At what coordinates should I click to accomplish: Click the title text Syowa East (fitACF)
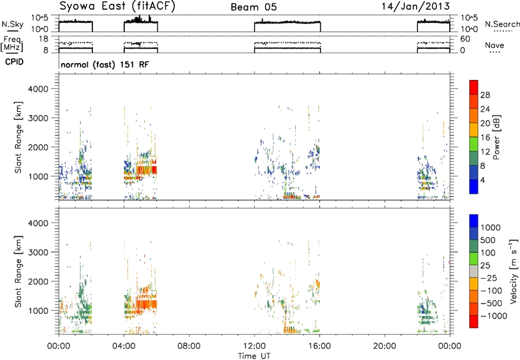click(x=117, y=6)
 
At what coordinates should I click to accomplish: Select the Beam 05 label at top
click(x=253, y=7)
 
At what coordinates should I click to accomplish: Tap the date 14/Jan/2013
click(x=415, y=6)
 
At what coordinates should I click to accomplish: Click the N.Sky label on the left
click(x=12, y=25)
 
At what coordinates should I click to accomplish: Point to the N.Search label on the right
click(x=502, y=24)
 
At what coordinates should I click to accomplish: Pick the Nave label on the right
click(x=495, y=45)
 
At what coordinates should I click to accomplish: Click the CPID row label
click(x=14, y=62)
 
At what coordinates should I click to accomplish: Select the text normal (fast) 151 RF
click(x=105, y=64)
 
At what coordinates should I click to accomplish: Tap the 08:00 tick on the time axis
click(x=189, y=346)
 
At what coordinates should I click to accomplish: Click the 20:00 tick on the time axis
click(x=385, y=346)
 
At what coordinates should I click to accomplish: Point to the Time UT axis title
click(x=254, y=356)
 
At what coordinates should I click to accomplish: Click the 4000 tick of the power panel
click(x=38, y=89)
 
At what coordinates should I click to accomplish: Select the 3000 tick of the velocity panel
click(x=38, y=252)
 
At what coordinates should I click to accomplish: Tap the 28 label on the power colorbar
click(x=485, y=95)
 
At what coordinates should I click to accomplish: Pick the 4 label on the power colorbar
click(x=482, y=180)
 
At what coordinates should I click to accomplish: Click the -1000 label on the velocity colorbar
click(x=494, y=316)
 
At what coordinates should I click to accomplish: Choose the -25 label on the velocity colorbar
click(x=489, y=278)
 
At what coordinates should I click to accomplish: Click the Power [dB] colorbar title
click(x=497, y=137)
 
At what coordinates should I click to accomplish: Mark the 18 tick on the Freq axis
click(x=44, y=39)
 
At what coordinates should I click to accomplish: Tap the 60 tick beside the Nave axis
click(x=465, y=39)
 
